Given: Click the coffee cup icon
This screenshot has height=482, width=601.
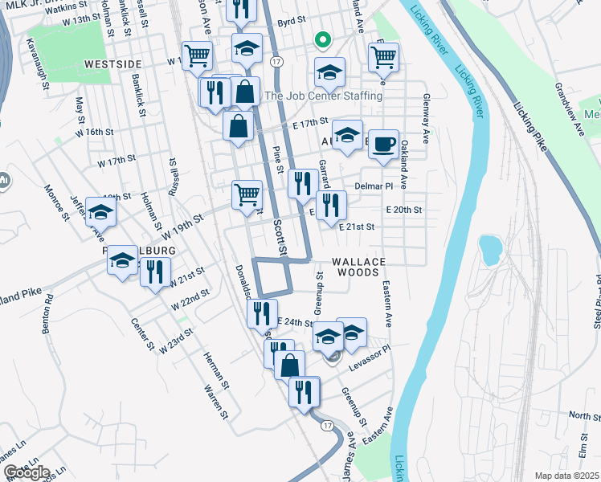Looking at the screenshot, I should (383, 143).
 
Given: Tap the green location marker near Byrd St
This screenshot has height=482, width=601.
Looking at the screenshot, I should (321, 39).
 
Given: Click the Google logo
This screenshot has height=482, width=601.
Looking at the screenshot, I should (26, 472).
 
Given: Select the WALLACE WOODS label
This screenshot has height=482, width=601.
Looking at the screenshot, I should (358, 267).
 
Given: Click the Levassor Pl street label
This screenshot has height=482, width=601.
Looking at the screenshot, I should (369, 355).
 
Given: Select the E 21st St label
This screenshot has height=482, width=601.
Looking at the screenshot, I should (357, 227).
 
